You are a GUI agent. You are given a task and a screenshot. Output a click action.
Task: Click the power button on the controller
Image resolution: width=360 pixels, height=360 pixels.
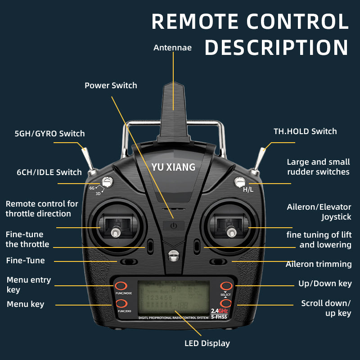(x=174, y=225)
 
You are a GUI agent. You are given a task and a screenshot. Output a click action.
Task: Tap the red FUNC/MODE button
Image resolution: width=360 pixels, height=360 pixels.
(x=121, y=286)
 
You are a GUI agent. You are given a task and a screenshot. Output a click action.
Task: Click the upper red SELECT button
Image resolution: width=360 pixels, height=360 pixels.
(x=226, y=286)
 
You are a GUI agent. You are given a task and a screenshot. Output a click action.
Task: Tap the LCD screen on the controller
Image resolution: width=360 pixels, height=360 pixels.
(x=173, y=297)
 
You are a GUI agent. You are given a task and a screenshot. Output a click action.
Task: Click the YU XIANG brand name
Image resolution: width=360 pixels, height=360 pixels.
(x=173, y=167)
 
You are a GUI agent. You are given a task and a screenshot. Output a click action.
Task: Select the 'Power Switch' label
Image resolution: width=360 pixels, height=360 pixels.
(x=111, y=85)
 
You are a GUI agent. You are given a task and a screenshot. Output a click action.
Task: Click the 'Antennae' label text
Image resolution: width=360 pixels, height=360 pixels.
(x=172, y=48)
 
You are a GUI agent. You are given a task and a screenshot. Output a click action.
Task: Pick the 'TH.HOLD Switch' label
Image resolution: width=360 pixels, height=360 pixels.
(x=305, y=131)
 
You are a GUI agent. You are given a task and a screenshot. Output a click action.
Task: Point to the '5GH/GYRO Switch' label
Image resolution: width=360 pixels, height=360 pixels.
(x=49, y=134)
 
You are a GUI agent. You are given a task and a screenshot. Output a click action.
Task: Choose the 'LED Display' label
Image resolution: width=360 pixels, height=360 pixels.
(x=207, y=343)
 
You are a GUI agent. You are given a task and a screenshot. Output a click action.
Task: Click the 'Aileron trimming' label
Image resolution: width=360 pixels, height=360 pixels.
(x=319, y=264)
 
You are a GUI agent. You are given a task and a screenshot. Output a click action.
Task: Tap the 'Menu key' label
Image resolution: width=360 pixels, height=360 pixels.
(x=25, y=304)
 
